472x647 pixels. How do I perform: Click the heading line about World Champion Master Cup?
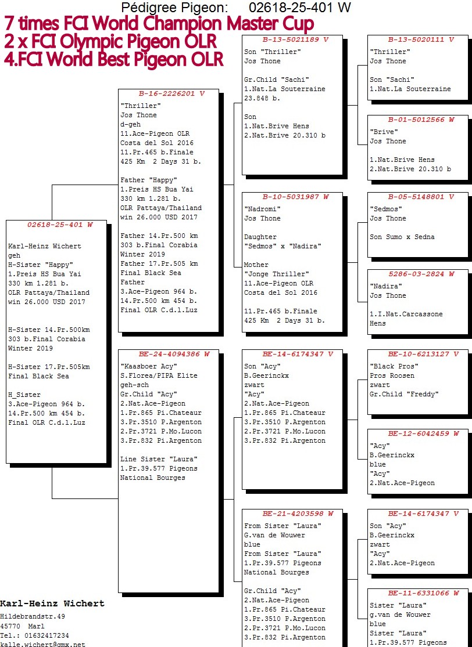click(x=159, y=24)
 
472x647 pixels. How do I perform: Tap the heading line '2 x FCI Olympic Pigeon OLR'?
click(x=110, y=41)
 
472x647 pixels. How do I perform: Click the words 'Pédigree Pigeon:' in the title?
click(x=174, y=7)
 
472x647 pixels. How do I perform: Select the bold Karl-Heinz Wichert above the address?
click(x=52, y=603)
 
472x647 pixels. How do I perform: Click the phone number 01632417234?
click(x=46, y=635)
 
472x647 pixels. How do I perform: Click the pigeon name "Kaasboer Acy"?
click(x=149, y=366)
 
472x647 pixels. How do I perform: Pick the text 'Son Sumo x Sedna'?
click(x=402, y=237)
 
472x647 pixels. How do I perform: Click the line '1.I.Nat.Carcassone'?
click(x=406, y=315)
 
